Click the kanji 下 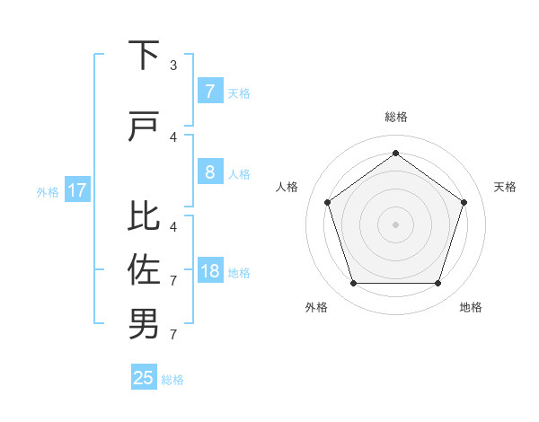(144, 56)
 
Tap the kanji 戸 (144, 127)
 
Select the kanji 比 (144, 215)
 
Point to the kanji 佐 (144, 269)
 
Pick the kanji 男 (144, 324)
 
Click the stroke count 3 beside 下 (173, 66)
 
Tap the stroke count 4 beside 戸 (173, 137)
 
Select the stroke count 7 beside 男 (173, 335)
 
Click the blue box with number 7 (209, 91)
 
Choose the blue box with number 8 (209, 171)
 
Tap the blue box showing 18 (209, 271)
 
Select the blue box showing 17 (76, 190)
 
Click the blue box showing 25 (144, 378)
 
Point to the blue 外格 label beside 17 (48, 191)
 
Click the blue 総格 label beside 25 (172, 380)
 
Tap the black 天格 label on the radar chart (506, 187)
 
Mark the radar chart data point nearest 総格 (395, 153)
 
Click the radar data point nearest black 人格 (327, 202)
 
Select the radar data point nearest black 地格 (437, 284)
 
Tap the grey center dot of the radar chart (395, 224)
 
